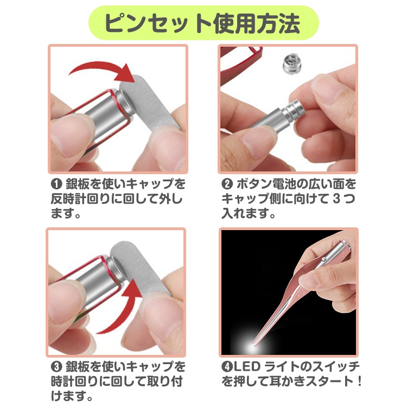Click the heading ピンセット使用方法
[203, 23]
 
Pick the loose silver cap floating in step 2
[291, 64]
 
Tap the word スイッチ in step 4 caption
[337, 367]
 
